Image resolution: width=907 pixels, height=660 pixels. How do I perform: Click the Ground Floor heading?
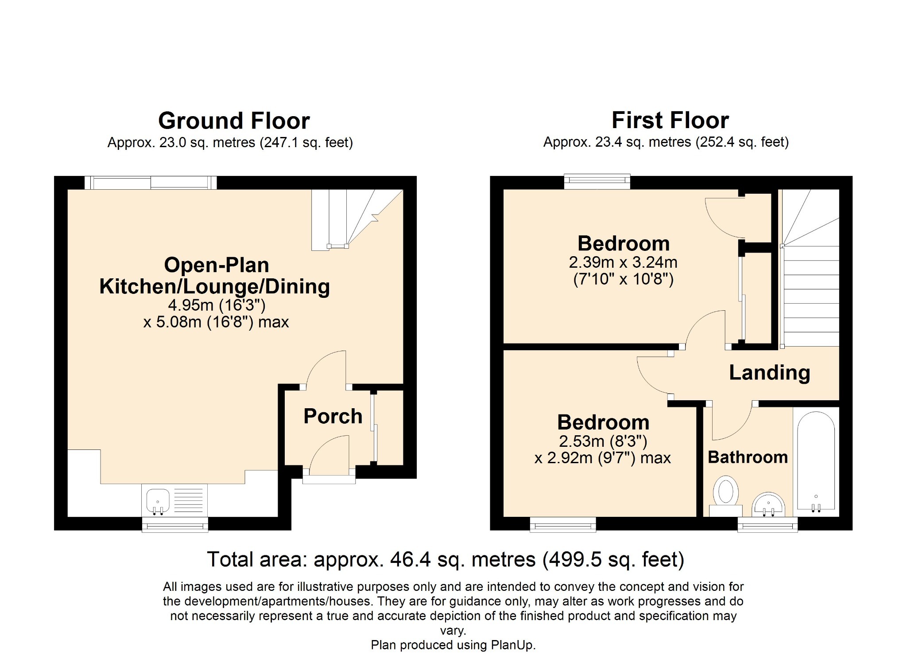pyautogui.click(x=234, y=121)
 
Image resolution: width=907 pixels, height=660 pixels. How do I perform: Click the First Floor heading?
pyautogui.click(x=670, y=120)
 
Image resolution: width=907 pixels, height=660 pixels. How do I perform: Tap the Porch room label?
pyautogui.click(x=333, y=416)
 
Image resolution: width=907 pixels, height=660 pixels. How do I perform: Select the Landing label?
pyautogui.click(x=770, y=373)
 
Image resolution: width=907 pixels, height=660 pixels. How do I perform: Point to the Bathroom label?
pyautogui.click(x=748, y=457)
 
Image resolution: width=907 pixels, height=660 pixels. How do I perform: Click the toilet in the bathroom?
pyautogui.click(x=726, y=496)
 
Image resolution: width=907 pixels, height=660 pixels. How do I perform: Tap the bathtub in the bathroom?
pyautogui.click(x=816, y=461)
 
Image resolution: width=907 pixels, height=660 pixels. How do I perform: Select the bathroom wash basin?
pyautogui.click(x=768, y=504)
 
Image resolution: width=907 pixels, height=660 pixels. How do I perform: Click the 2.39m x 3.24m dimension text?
pyautogui.click(x=623, y=262)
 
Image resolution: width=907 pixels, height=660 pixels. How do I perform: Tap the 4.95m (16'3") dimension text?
pyautogui.click(x=217, y=305)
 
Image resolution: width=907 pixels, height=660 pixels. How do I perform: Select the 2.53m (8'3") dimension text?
pyautogui.click(x=603, y=441)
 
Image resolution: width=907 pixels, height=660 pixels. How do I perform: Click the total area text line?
pyautogui.click(x=446, y=559)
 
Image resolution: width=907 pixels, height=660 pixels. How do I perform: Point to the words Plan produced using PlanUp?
pyautogui.click(x=453, y=645)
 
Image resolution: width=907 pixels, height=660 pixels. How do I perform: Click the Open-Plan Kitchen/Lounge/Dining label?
pyautogui.click(x=215, y=276)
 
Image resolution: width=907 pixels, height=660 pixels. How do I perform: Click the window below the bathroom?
pyautogui.click(x=767, y=526)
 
